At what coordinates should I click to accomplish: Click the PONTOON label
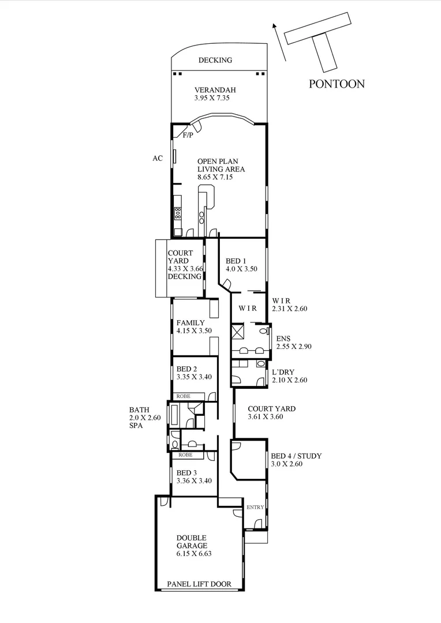coord(337,84)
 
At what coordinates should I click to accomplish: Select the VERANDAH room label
coord(215,90)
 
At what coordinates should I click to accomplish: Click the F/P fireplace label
coord(188,136)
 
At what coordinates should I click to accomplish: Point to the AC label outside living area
coord(158,158)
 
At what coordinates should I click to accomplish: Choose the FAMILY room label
coord(191,322)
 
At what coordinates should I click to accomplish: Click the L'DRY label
coord(283,372)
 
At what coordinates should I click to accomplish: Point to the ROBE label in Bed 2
coord(184,396)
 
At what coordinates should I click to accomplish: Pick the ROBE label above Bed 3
coord(185,455)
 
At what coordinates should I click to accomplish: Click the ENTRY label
coord(255,508)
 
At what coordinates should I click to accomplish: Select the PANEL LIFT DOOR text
coord(199,584)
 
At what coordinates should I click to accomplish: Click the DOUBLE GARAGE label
coord(191,542)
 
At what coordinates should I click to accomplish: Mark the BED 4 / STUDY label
coord(296,456)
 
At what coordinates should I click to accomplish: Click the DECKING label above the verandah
coord(215,60)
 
